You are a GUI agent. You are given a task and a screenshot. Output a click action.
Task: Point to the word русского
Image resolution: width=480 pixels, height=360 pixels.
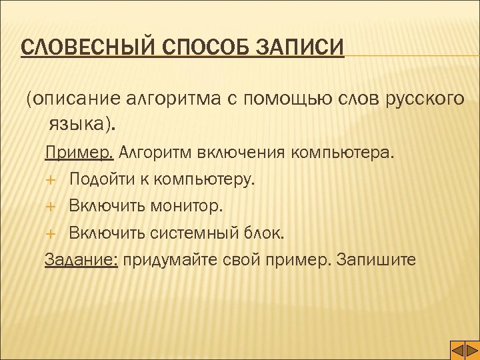[425, 99]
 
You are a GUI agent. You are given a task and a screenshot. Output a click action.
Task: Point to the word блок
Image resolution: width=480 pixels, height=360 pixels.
[266, 233]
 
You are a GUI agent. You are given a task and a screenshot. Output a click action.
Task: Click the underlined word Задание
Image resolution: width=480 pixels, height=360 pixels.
[81, 260]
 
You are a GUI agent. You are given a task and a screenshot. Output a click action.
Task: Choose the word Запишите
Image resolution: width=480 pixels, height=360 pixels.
[377, 260]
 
